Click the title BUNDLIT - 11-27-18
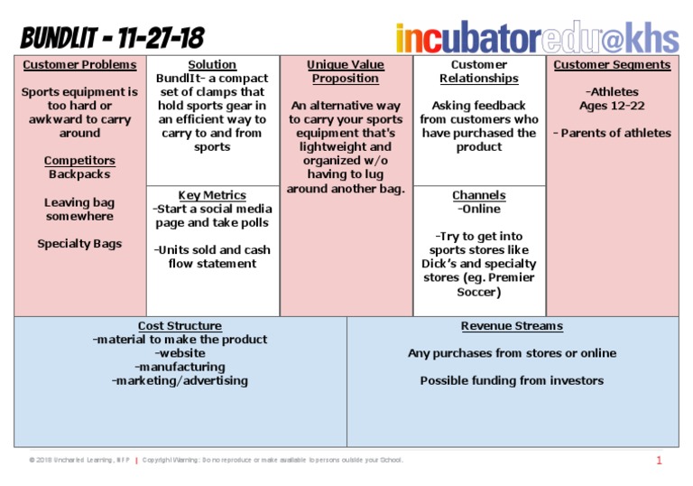click(x=113, y=38)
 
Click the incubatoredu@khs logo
click(x=536, y=37)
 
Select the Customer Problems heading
click(x=79, y=65)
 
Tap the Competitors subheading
click(x=79, y=161)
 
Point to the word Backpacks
click(x=79, y=174)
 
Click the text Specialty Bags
click(x=79, y=244)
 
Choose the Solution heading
click(x=212, y=65)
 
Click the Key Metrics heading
click(x=212, y=195)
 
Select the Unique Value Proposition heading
click(x=346, y=71)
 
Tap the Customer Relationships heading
click(x=479, y=71)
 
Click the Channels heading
click(x=479, y=195)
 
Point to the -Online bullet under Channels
click(x=479, y=210)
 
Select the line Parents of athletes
click(x=614, y=133)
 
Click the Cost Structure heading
click(x=180, y=326)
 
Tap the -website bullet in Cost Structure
click(x=180, y=353)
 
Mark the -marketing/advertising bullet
click(x=180, y=381)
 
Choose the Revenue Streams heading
click(x=512, y=326)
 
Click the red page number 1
click(x=659, y=461)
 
